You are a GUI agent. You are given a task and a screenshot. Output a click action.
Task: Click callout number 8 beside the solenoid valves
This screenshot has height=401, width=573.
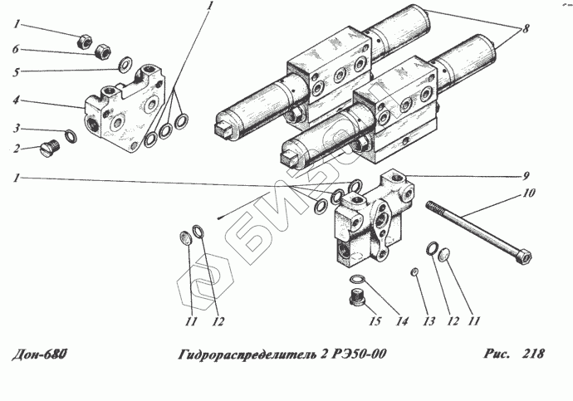click(x=526, y=28)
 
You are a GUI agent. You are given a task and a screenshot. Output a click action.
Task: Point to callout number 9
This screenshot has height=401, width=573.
click(x=526, y=176)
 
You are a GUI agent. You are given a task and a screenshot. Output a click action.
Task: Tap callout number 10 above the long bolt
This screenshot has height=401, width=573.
click(x=530, y=193)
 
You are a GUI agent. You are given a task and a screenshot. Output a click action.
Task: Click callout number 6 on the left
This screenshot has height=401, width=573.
click(x=16, y=49)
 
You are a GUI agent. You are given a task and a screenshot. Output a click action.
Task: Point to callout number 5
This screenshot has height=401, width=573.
click(x=16, y=72)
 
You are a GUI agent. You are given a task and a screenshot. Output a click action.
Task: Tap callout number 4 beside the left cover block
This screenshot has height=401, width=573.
click(x=16, y=100)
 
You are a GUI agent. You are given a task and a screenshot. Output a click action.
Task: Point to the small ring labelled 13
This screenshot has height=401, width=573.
click(x=414, y=271)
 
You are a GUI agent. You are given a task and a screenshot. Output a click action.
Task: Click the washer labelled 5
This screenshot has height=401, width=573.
click(x=125, y=64)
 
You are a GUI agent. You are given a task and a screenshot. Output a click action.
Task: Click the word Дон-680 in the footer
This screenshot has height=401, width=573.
click(x=40, y=354)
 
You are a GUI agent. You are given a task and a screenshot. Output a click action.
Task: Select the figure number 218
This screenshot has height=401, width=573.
click(x=533, y=354)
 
